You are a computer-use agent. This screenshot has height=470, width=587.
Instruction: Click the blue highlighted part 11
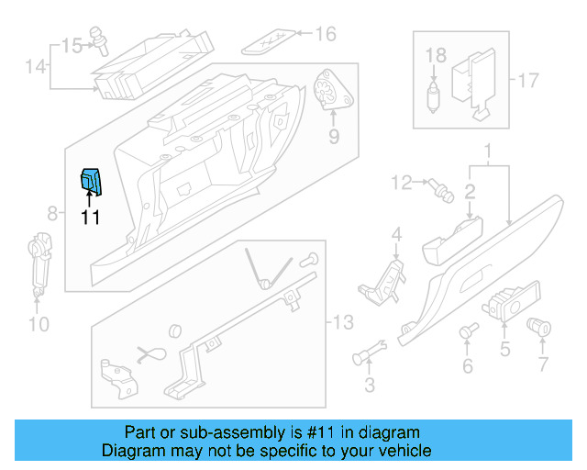point(93,183)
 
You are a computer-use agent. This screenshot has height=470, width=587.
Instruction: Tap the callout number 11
point(89,218)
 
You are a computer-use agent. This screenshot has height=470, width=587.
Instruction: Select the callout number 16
point(326,34)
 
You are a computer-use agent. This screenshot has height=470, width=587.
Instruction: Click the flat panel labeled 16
point(271,39)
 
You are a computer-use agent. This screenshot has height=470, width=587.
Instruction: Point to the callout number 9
point(334,137)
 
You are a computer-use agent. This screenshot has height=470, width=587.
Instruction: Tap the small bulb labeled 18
point(434,93)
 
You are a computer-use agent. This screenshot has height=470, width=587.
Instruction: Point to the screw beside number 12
point(440,190)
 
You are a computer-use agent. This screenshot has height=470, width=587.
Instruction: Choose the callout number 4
point(396,236)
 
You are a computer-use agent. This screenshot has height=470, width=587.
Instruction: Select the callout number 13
point(341,322)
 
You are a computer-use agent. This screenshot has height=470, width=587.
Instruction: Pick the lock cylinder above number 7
point(540,325)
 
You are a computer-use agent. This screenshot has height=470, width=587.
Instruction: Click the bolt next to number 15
point(97,42)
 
